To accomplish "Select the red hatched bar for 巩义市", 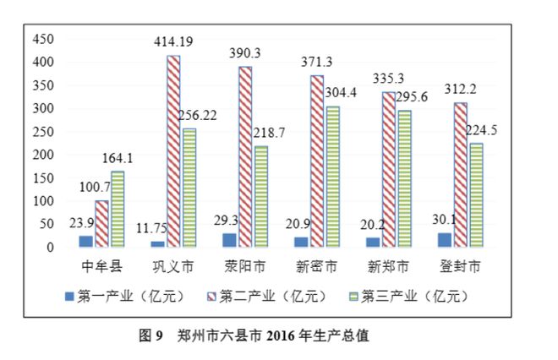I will click(x=172, y=152).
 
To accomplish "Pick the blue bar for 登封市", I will click(x=445, y=240).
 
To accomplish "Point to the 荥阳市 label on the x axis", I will click(x=244, y=267).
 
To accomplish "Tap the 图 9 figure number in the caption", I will click(x=150, y=335).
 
